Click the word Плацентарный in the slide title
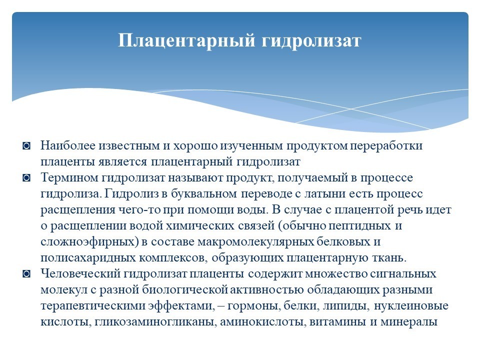(186, 40)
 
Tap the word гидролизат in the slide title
(311, 40)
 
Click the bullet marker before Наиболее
(26, 145)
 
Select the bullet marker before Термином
(26, 177)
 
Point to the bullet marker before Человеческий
(26, 273)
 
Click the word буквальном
(203, 194)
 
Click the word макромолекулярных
(255, 242)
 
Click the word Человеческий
(80, 274)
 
